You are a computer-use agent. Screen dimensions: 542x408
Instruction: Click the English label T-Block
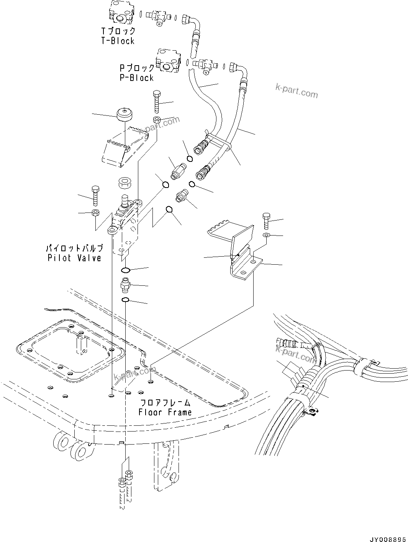point(118,41)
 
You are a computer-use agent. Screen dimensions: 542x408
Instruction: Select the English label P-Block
point(136,77)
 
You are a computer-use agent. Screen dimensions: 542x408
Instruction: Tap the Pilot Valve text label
point(74,258)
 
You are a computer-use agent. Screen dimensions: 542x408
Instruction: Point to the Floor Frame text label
point(165,412)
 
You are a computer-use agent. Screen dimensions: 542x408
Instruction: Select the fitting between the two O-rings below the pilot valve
point(125,285)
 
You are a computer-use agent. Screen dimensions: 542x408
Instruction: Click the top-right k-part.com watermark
point(297,91)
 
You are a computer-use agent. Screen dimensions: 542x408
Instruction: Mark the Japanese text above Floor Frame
point(165,402)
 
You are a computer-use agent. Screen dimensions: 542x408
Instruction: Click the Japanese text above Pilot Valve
point(74,248)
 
